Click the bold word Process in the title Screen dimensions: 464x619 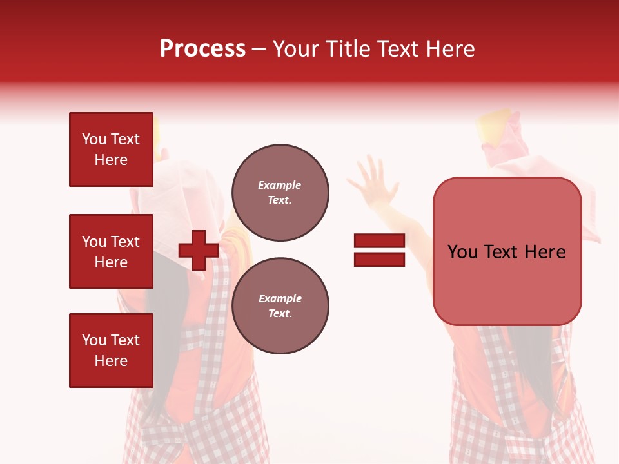coord(202,49)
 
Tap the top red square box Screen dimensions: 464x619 coord(111,150)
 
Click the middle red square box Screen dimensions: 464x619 coord(111,251)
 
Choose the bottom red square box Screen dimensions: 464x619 coord(111,351)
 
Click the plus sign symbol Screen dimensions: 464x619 coord(199,250)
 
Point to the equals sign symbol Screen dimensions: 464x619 coord(379,250)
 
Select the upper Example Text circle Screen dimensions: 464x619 coord(280,193)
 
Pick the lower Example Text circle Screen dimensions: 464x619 coord(280,306)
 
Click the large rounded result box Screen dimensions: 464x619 coord(507,251)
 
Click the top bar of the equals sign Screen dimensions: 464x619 coord(379,241)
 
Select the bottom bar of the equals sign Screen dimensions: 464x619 coord(379,259)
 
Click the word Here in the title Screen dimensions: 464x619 coord(449,49)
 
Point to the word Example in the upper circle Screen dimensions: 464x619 coord(280,185)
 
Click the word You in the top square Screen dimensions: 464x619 coord(94,139)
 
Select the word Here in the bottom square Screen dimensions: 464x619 coord(111,361)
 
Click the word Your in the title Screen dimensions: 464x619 coord(297,49)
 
